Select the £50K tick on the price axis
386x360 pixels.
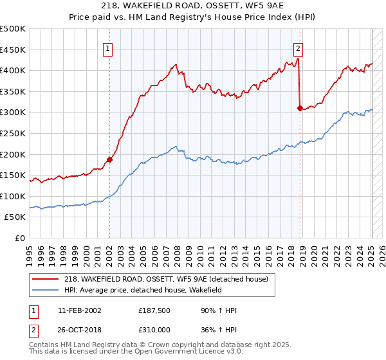15,217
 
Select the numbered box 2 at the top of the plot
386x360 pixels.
299,47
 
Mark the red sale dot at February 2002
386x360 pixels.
109,159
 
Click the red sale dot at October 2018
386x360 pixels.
300,109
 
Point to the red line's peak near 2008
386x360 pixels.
176,64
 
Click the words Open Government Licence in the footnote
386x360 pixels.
194,353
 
